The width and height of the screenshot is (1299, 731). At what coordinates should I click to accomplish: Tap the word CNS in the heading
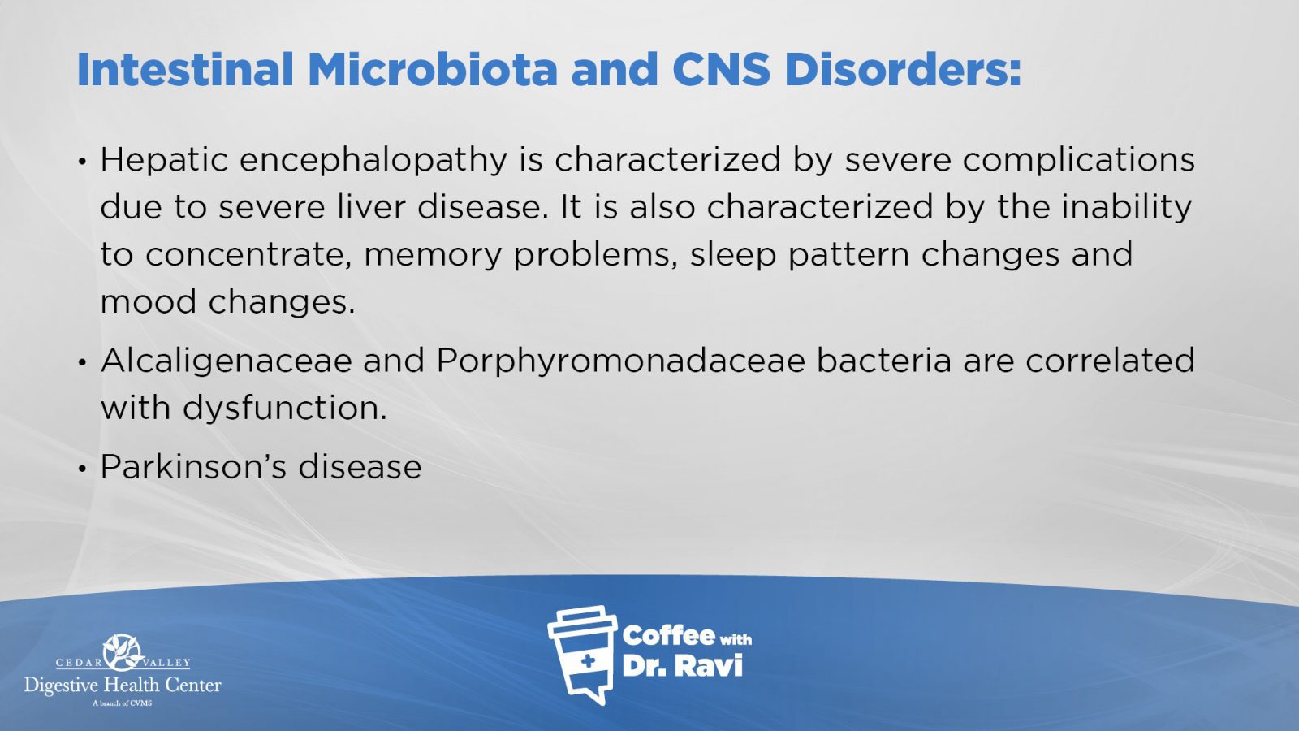click(722, 70)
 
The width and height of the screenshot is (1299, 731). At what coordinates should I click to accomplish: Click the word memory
click(432, 256)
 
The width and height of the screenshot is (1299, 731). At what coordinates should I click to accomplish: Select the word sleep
click(732, 256)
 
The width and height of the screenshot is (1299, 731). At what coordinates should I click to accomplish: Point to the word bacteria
click(884, 361)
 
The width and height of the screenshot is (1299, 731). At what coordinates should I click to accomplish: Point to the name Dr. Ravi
click(683, 666)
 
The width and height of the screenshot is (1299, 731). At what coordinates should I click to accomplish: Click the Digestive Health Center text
click(123, 686)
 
